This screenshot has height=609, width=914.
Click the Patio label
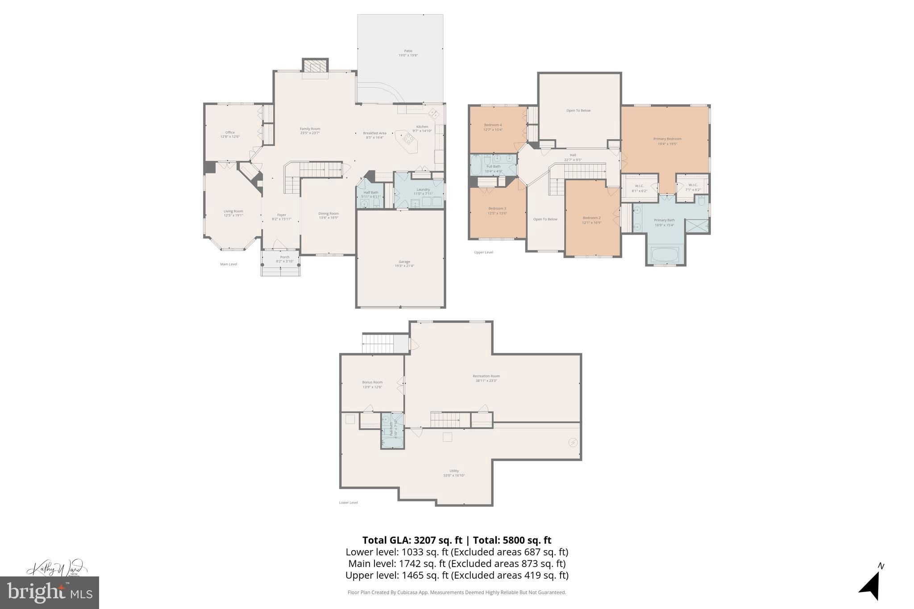408,51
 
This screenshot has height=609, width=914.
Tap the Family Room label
310,129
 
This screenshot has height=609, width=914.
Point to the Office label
230,133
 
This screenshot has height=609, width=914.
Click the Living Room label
233,211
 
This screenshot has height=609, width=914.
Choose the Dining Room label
328,214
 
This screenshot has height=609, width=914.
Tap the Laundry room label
423,190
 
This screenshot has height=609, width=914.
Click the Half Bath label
370,193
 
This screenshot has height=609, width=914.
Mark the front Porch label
285,257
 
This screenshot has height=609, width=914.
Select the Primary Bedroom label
667,139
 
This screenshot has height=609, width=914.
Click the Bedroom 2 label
591,218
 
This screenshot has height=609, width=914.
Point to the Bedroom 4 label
493,125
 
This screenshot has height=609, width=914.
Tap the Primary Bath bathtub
665,255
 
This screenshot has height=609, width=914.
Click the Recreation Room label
486,376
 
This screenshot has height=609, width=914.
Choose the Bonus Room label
372,382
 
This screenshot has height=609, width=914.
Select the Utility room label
454,471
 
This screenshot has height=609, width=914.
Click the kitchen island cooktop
407,138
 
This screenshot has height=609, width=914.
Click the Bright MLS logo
49,592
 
